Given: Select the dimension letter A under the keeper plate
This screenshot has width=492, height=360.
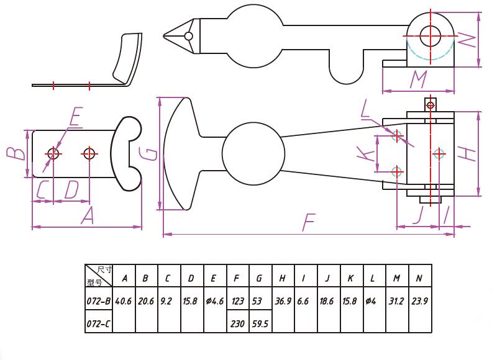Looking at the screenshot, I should pyautogui.click(x=88, y=216).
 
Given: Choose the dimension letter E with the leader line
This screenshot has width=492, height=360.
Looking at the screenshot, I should pyautogui.click(x=76, y=116).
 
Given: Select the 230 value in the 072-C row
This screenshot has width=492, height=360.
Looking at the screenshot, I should pyautogui.click(x=237, y=323).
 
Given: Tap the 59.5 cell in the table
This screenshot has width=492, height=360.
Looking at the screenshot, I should pyautogui.click(x=260, y=323).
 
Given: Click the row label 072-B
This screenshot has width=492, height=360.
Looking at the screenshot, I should pyautogui.click(x=98, y=301).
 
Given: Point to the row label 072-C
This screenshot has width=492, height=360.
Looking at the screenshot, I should pyautogui.click(x=98, y=323).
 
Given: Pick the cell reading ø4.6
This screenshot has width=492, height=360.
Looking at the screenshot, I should pyautogui.click(x=214, y=301).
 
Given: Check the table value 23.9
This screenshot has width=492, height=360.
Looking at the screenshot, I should pyautogui.click(x=419, y=301).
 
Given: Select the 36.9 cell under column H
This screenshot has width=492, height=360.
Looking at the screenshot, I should pyautogui.click(x=283, y=301).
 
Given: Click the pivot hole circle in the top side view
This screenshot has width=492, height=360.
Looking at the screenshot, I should pyautogui.click(x=430, y=35).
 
